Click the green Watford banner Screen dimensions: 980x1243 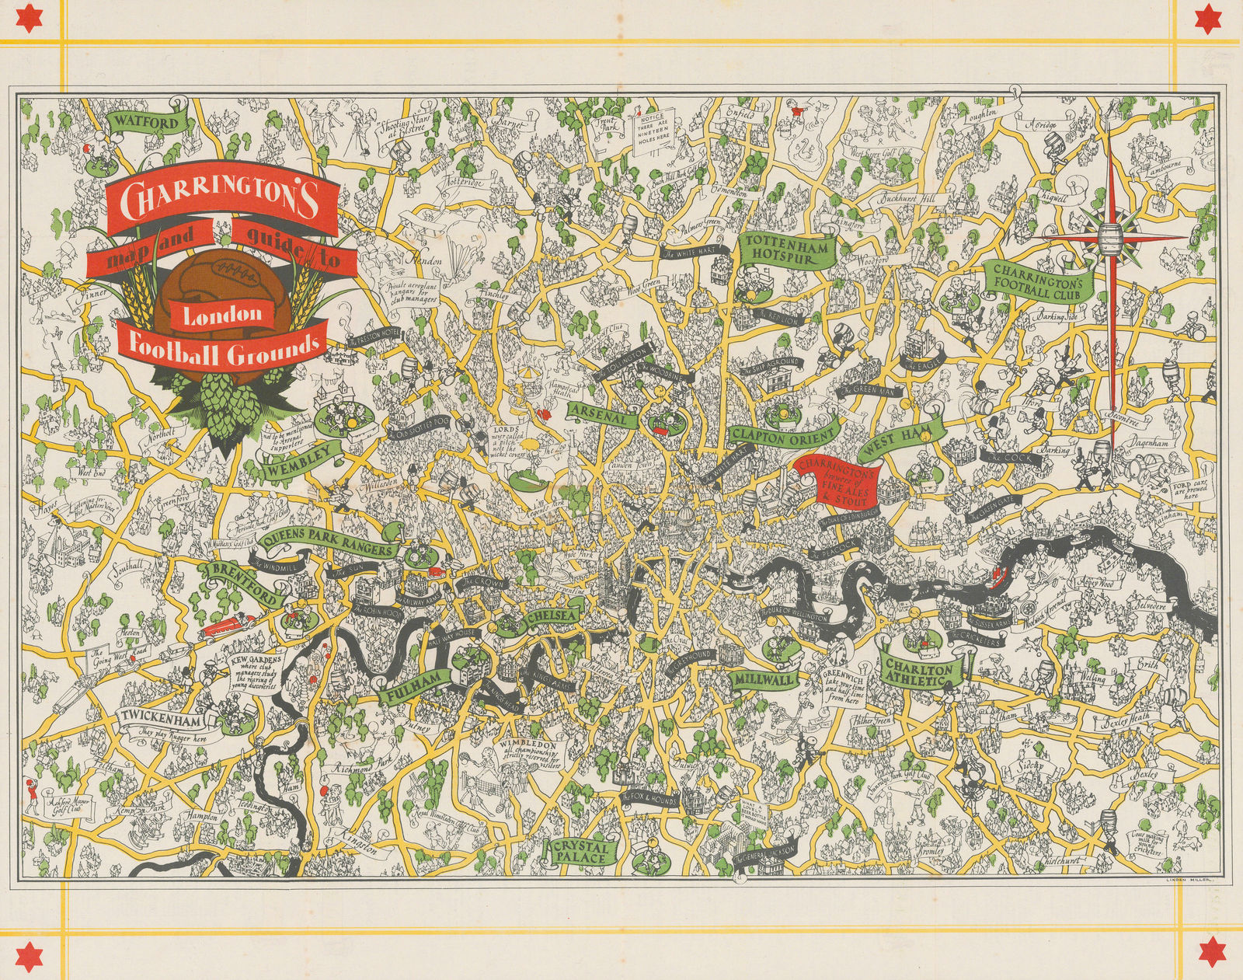[x=144, y=122]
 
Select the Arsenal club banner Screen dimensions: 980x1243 [x=603, y=414]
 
